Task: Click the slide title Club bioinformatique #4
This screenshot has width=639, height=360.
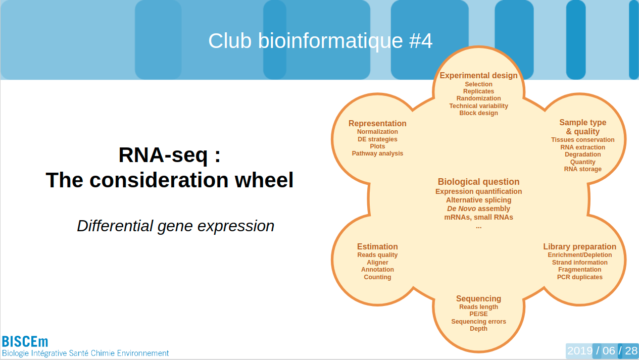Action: tap(320, 41)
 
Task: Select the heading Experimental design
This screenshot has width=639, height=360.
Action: tap(478, 76)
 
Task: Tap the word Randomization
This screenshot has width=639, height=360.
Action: tap(478, 98)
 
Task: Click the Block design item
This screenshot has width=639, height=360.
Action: tap(478, 113)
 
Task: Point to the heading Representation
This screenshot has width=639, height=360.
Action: tap(377, 124)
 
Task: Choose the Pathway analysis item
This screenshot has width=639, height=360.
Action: tap(377, 153)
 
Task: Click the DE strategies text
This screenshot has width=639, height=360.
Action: tap(377, 139)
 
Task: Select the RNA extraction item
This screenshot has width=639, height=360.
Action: tap(582, 147)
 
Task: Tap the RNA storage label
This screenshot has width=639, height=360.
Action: tap(582, 169)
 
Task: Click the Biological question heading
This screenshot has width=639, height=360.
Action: tap(478, 182)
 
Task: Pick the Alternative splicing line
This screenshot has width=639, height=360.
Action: tap(478, 200)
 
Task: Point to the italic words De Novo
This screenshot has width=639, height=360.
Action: tap(461, 209)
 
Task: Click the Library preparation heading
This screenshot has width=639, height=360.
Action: tap(579, 247)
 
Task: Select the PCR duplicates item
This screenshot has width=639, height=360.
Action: tap(579, 277)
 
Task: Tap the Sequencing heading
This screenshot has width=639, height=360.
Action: tap(478, 299)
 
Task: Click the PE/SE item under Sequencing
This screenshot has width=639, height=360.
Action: tap(478, 314)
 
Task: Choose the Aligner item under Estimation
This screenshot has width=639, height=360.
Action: tap(377, 263)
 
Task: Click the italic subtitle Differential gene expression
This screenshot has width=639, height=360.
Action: tap(175, 226)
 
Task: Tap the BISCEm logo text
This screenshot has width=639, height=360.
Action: tap(25, 342)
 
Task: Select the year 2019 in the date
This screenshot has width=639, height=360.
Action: tap(579, 351)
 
